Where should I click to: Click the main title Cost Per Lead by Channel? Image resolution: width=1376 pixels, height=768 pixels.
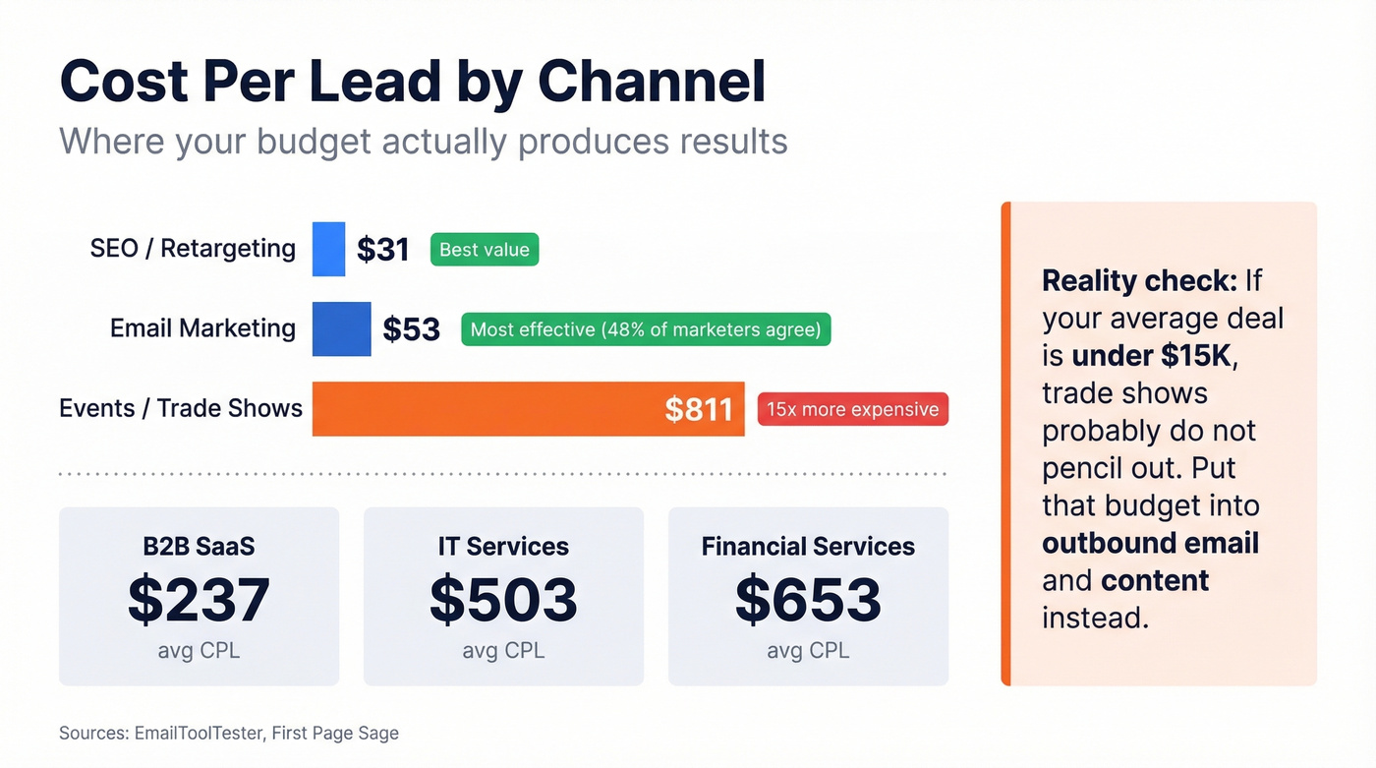[x=412, y=82]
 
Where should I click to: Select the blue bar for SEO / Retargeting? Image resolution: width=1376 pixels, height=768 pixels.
[x=328, y=249]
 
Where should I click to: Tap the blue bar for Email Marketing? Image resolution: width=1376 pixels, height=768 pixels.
[x=341, y=328]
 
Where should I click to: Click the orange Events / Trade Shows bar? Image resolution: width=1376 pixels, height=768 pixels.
[x=491, y=408]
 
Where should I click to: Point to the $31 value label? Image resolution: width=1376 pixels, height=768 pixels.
[x=382, y=250]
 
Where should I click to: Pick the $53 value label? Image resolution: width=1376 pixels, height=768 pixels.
[x=411, y=329]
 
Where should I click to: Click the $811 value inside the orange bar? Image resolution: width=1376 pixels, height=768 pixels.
[x=698, y=409]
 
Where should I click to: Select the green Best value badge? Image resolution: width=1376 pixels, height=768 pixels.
[x=485, y=250]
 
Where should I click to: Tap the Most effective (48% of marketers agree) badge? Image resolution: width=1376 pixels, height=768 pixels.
[x=646, y=329]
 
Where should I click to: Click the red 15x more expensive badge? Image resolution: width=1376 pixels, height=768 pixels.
[x=852, y=409]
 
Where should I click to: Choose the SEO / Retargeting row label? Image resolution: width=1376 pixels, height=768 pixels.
[x=193, y=249]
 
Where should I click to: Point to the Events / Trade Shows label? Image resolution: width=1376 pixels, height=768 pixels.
[x=181, y=408]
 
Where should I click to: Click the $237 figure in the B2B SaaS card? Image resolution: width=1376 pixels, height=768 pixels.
[x=199, y=601]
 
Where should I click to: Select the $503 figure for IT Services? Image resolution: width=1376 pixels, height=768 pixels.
[x=503, y=601]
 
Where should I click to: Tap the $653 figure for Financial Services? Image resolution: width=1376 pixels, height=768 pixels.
[x=808, y=601]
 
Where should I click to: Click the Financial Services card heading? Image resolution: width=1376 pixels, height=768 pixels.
[x=808, y=547]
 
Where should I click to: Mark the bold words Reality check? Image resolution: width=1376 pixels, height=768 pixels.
[x=1139, y=281]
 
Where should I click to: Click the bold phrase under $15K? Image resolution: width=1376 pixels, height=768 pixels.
[x=1151, y=356]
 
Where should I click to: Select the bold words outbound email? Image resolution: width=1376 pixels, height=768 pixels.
[x=1150, y=543]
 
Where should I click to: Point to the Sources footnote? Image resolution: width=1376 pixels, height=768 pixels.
[x=229, y=733]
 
